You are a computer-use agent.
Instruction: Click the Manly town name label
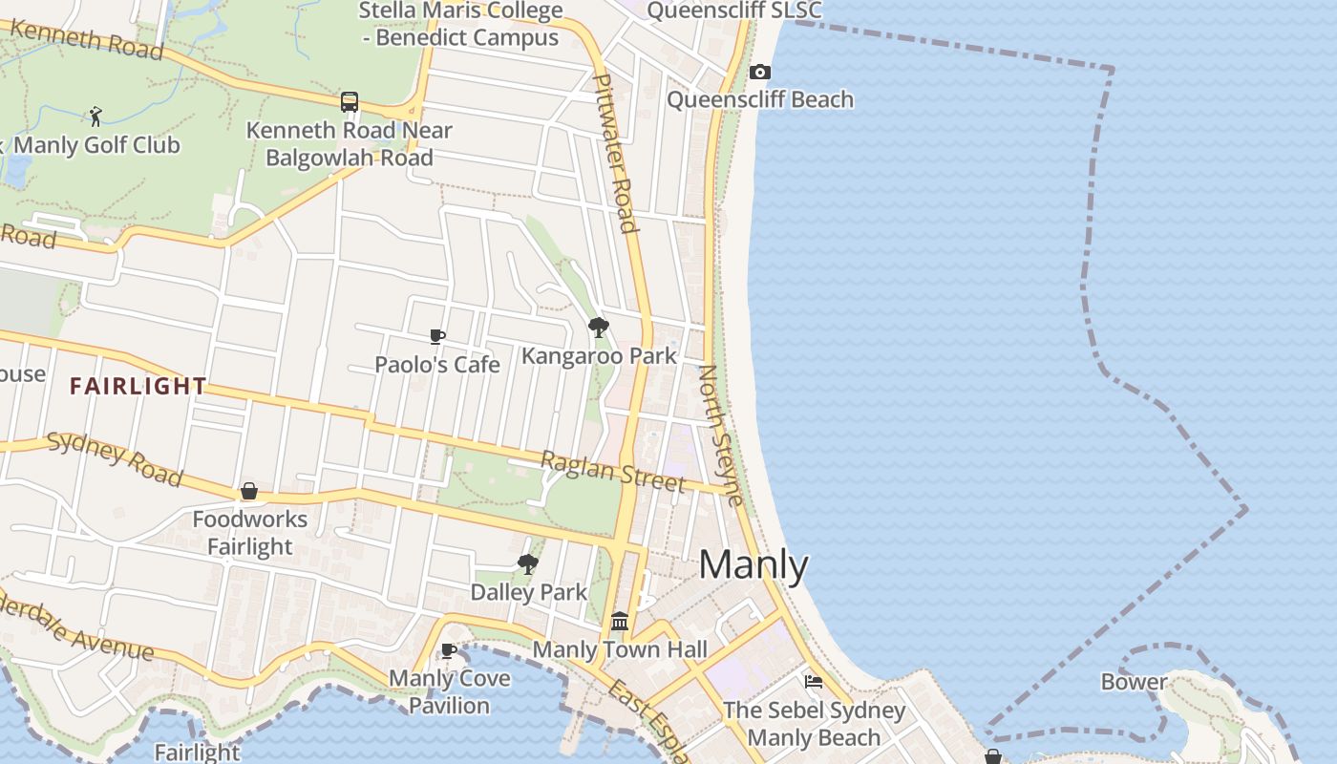[x=753, y=565]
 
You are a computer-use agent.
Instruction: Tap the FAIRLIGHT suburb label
[x=138, y=386]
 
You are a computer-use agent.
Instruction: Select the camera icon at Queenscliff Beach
[x=760, y=72]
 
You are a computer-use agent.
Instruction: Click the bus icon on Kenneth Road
[x=350, y=102]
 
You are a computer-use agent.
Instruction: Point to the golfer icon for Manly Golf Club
[x=95, y=117]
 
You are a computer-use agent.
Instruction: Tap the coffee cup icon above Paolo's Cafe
[x=437, y=336]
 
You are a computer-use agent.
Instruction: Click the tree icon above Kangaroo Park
[x=599, y=328]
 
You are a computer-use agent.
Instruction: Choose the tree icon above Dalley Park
[x=527, y=563]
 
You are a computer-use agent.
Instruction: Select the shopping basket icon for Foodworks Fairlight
[x=249, y=491]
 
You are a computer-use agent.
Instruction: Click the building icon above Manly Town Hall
[x=620, y=622]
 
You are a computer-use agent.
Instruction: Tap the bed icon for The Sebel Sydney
[x=814, y=681]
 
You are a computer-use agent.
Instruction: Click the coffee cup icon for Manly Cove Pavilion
[x=449, y=651]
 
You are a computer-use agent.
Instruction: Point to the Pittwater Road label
[x=615, y=153]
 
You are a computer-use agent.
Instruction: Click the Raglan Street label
[x=613, y=472]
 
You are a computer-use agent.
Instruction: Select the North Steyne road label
[x=721, y=435]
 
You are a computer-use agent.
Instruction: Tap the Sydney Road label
[x=115, y=457]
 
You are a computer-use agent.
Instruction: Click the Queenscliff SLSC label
[x=733, y=11]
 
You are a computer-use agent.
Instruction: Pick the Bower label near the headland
[x=1134, y=682]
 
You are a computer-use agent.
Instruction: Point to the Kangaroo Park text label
[x=599, y=356]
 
